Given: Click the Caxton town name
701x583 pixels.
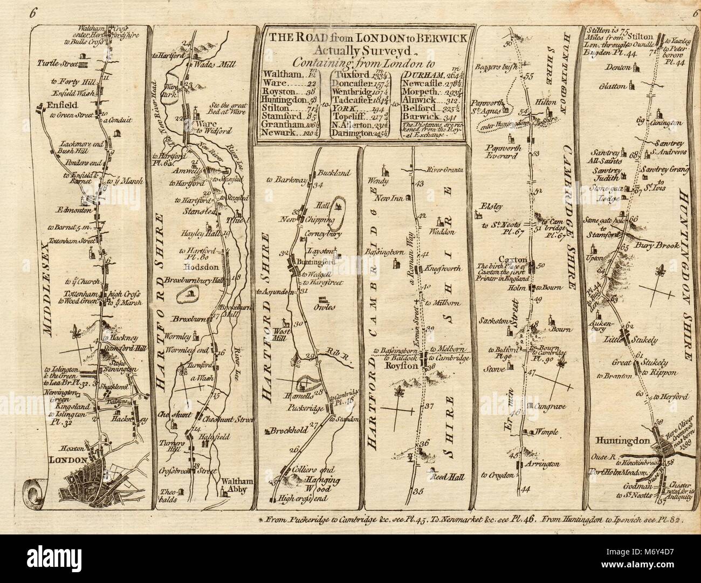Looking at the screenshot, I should coord(512,258).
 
